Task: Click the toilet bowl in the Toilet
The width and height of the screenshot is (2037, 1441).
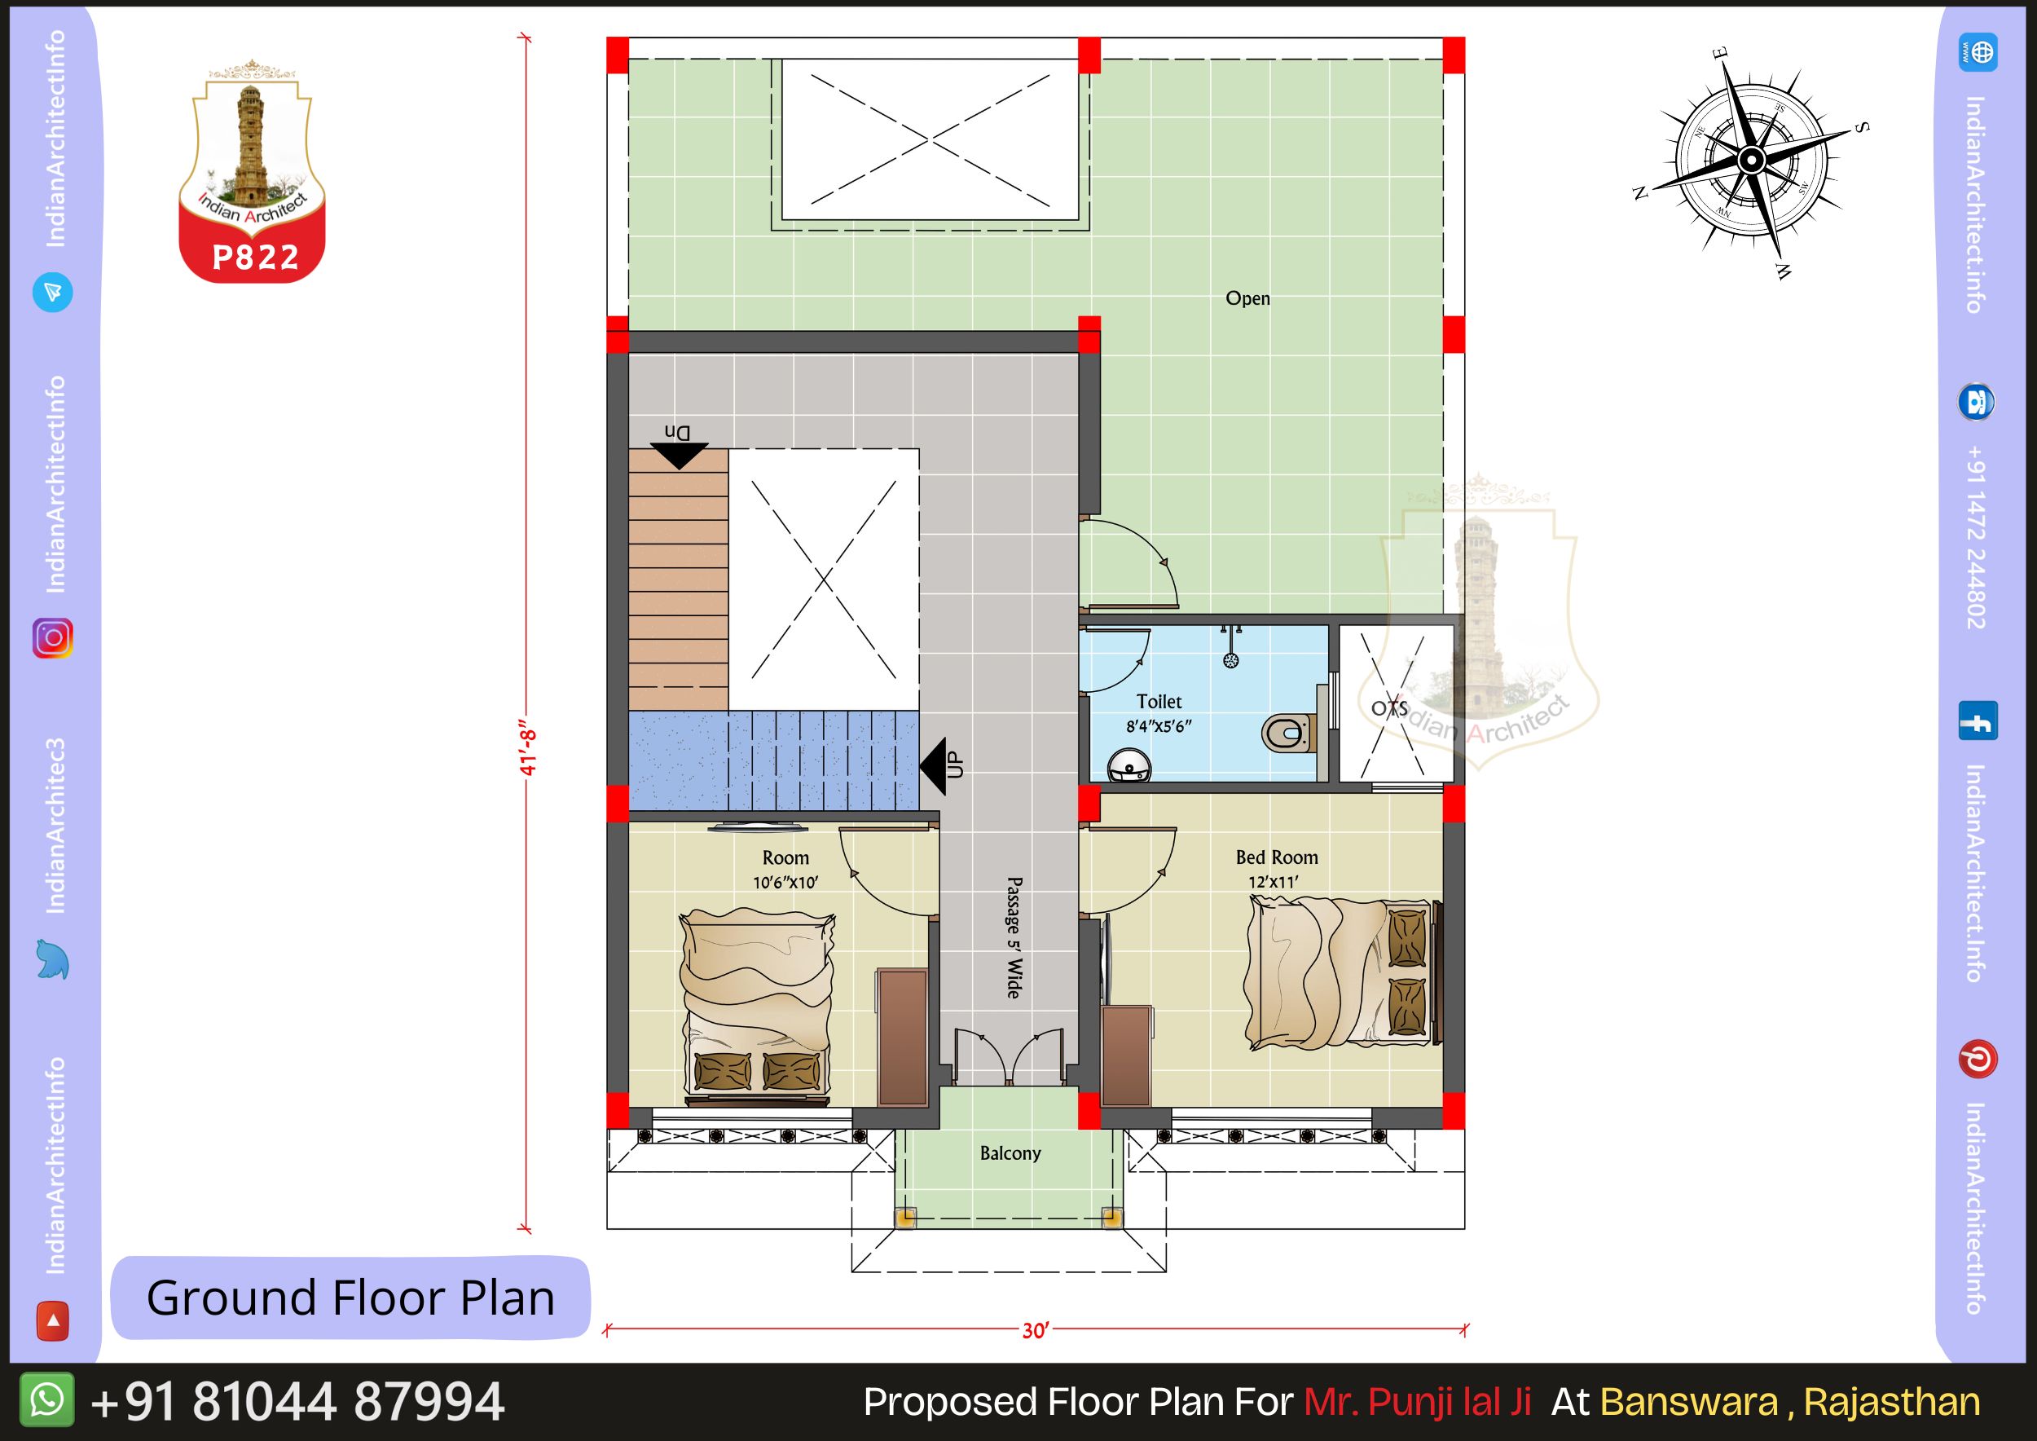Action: (x=1287, y=732)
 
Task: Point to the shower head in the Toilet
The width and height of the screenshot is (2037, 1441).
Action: (x=1230, y=659)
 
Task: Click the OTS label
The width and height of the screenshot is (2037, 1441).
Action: (x=1389, y=709)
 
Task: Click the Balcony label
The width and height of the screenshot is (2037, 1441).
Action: (x=1010, y=1153)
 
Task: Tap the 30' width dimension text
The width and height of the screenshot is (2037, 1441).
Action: (x=1036, y=1331)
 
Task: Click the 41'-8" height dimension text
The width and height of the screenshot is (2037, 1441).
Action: (x=529, y=752)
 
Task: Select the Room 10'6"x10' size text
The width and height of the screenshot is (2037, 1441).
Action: (x=785, y=883)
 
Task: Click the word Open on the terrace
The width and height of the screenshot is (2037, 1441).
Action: (x=1247, y=299)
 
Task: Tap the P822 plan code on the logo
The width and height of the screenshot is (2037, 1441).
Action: (x=256, y=258)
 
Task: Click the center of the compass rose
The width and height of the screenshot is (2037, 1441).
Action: (x=1750, y=161)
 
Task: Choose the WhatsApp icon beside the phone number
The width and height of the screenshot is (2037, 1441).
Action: (x=47, y=1400)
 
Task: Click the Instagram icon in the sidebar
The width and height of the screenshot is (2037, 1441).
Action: (x=52, y=638)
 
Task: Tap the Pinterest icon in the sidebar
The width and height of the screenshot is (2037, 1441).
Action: (x=1978, y=1060)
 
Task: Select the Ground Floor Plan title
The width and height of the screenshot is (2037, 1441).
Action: (x=350, y=1298)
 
